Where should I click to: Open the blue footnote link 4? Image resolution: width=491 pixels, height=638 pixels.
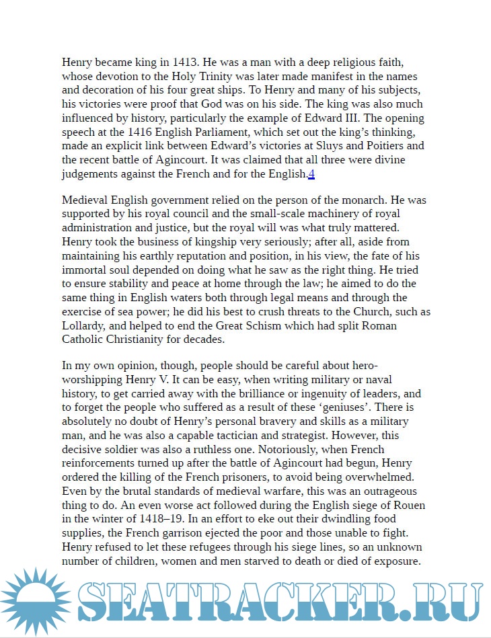pos(311,174)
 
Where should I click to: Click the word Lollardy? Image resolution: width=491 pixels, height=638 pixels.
pos(83,326)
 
